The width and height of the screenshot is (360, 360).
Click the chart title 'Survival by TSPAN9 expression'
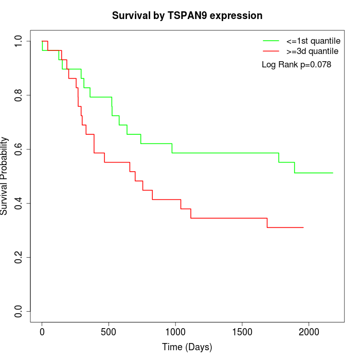(187, 15)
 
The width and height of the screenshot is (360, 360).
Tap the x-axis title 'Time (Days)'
(187, 347)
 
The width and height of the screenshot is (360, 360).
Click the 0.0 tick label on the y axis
(19, 311)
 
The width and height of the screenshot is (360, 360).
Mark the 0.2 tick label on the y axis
(19, 257)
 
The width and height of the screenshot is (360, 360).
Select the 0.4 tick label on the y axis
(19, 203)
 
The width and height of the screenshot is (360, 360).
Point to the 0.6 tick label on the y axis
(19, 149)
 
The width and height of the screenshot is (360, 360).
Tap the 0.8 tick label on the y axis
(19, 95)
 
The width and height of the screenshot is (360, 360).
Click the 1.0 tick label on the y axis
(19, 41)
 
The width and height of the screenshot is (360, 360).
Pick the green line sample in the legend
(271, 41)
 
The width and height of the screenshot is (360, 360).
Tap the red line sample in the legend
(271, 51)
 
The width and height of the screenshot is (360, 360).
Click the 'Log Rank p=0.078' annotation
(296, 65)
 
